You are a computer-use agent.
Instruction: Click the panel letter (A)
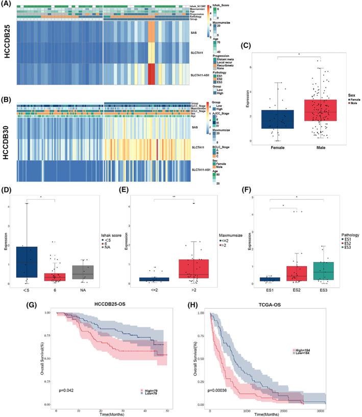(x=8, y=5)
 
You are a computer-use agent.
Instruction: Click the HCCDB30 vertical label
(x=7, y=140)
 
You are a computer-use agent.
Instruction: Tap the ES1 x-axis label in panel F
(x=269, y=289)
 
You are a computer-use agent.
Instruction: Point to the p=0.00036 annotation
(x=220, y=389)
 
